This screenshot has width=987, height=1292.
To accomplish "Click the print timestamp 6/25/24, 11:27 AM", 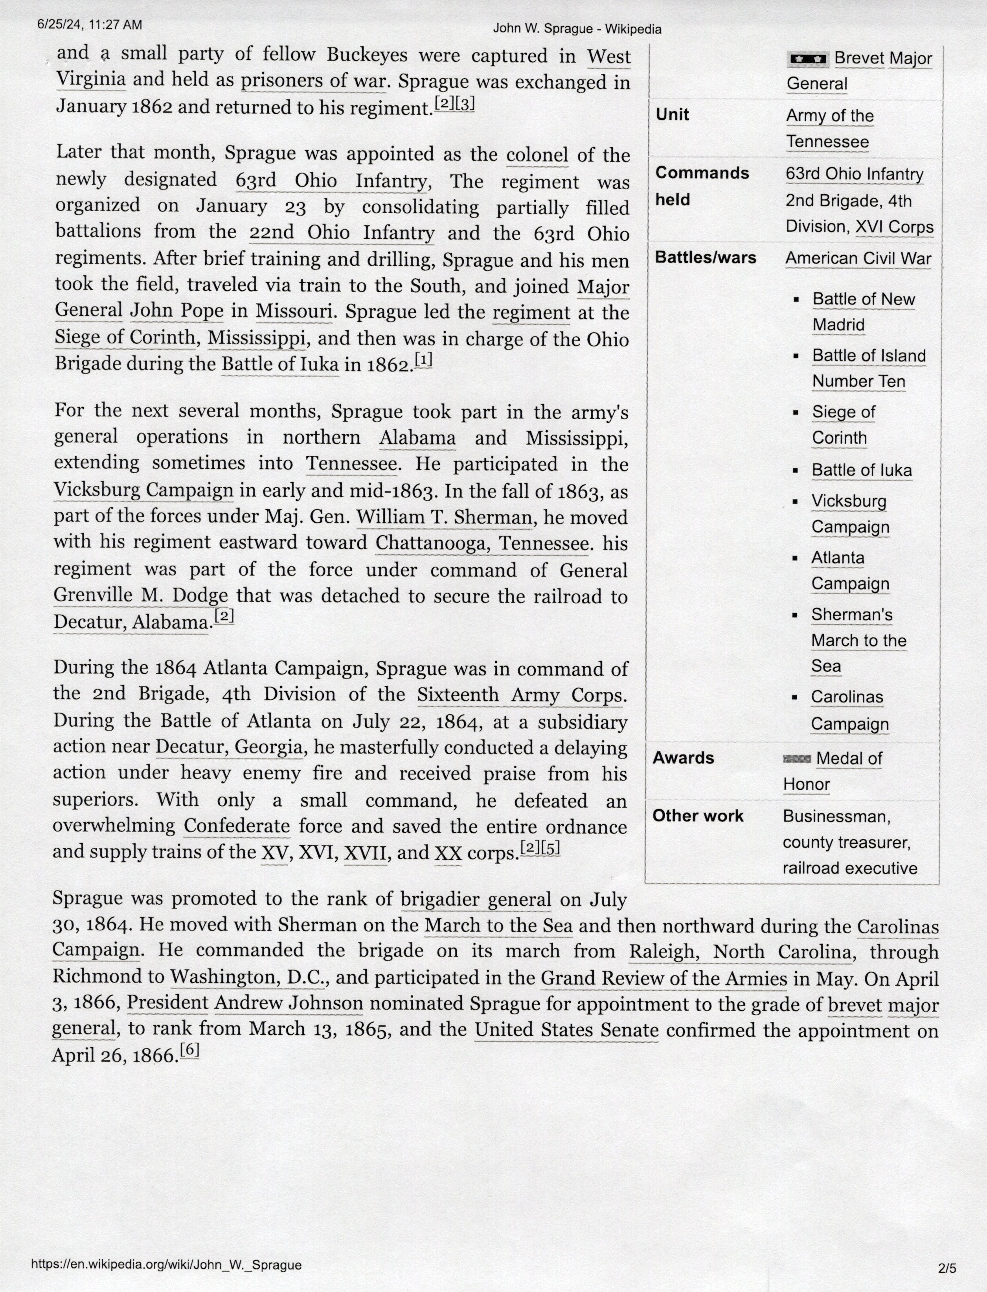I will click(89, 25).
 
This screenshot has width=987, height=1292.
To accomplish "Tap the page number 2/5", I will click(947, 1268).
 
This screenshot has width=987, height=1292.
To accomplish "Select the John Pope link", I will click(176, 310).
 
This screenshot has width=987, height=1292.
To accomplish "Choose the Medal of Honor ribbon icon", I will click(797, 759).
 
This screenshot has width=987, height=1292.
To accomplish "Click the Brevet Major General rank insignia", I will click(807, 58).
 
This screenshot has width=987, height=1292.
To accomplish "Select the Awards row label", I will click(683, 758).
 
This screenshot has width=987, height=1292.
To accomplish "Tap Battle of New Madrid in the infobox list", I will click(863, 311).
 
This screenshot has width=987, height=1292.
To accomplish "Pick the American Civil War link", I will click(858, 259).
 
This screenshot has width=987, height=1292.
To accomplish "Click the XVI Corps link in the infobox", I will click(894, 227).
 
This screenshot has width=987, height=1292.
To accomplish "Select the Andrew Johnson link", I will click(289, 1003).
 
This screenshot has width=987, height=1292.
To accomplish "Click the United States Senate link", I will click(566, 1030).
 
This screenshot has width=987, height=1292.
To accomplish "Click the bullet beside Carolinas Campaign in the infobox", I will click(795, 698).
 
